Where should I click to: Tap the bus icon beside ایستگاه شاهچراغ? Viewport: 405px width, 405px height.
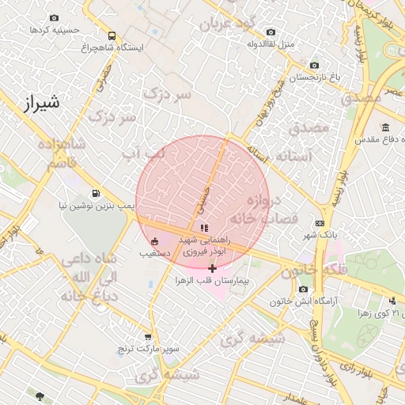coord(112,36)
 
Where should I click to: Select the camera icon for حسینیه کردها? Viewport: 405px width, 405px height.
coord(54,17)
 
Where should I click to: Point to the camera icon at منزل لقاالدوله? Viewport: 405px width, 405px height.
coord(271,32)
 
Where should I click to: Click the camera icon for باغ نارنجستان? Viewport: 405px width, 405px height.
coord(314,65)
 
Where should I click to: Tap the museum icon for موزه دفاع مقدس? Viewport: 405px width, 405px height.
coord(385,128)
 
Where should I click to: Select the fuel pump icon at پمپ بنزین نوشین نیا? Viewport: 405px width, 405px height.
coord(96,193)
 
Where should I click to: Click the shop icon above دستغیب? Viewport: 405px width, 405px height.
coord(153,242)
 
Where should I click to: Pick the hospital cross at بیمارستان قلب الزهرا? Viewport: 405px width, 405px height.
coord(212,269)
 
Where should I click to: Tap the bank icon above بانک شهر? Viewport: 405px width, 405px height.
coord(320,223)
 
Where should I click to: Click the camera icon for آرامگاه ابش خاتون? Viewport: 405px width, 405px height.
coord(303,289)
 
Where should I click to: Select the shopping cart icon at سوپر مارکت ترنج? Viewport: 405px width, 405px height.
coord(147,337)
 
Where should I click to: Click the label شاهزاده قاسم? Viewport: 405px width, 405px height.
coord(55,153)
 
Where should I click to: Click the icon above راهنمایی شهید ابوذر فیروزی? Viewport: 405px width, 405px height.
coord(204,228)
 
